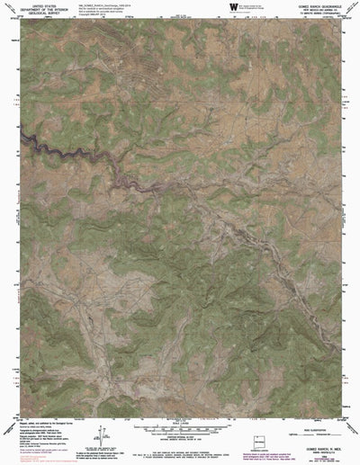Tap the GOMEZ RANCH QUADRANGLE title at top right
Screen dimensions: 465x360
pyautogui.click(x=312, y=4)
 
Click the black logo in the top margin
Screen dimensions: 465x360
pyautogui.click(x=232, y=6)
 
